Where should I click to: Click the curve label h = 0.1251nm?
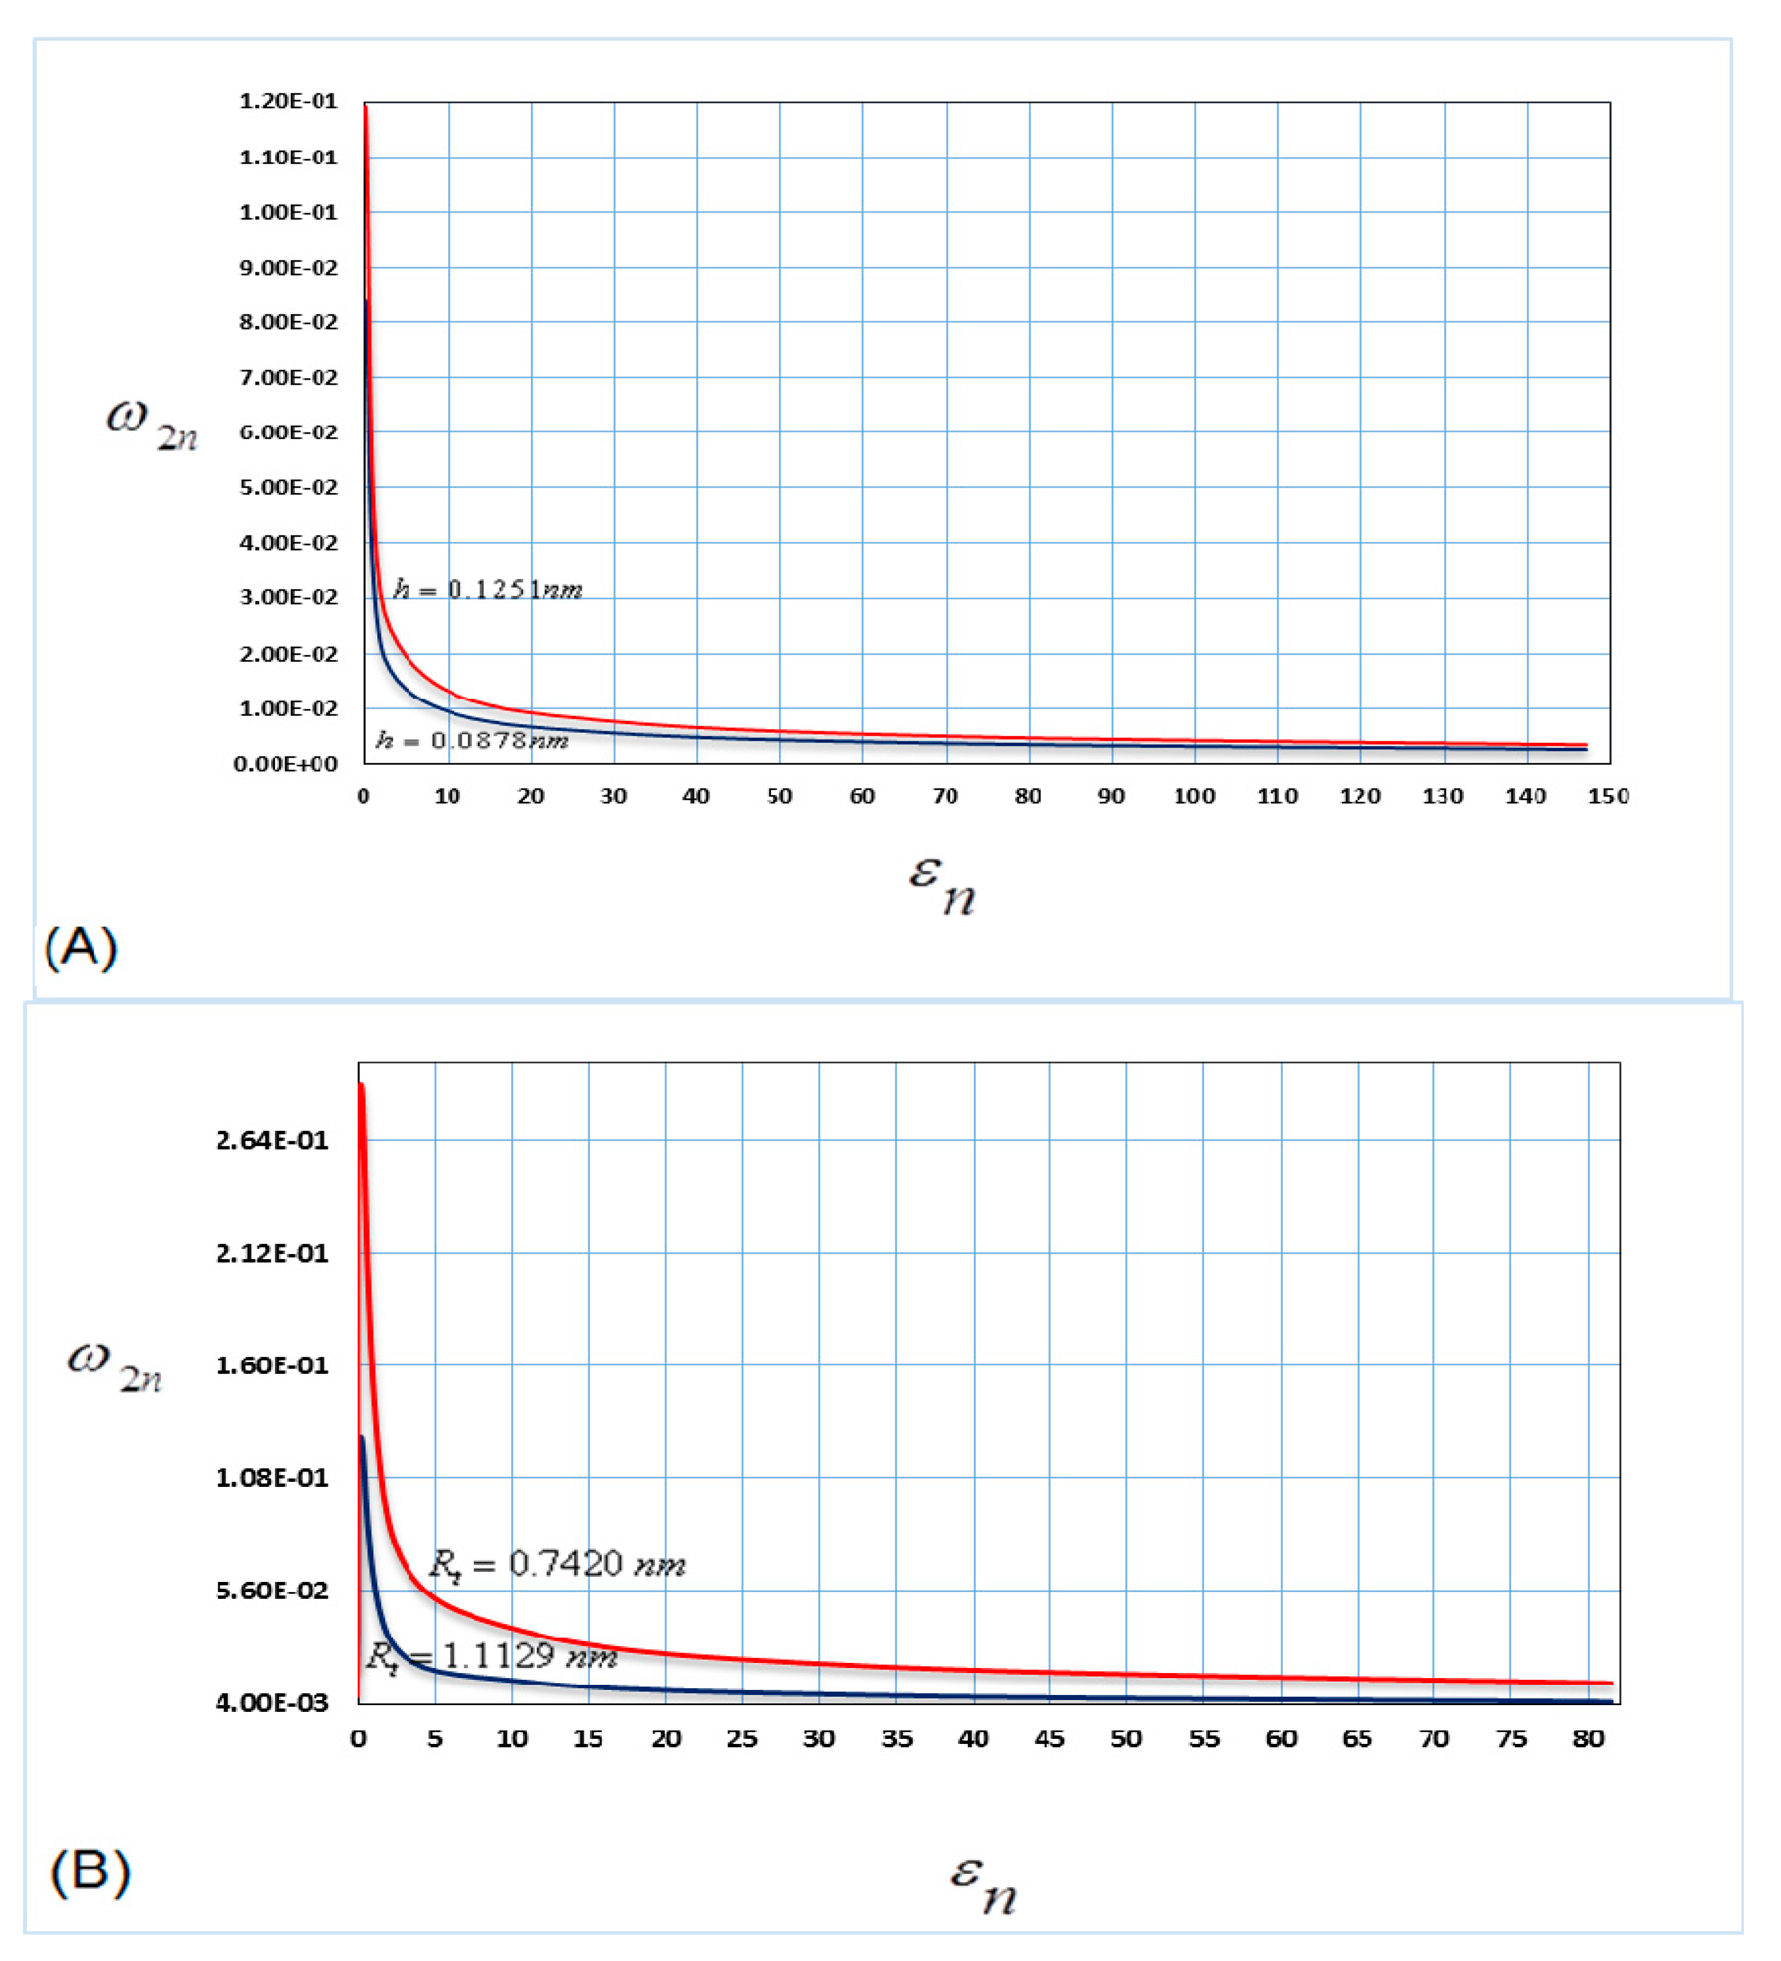(x=488, y=589)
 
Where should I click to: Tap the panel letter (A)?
(x=81, y=946)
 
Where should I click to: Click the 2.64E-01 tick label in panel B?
(x=272, y=1140)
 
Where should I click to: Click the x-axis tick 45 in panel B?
(x=1049, y=1739)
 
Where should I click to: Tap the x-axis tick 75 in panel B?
(x=1511, y=1739)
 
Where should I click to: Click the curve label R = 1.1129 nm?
(x=491, y=1656)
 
